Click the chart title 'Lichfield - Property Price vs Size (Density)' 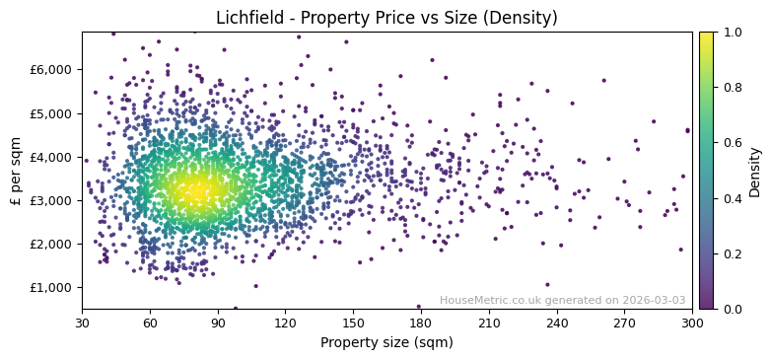(x=386, y=18)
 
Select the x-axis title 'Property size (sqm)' (x=386, y=342)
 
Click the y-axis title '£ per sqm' (x=16, y=171)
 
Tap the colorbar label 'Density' (x=754, y=171)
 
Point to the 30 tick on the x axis (x=82, y=323)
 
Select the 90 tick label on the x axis (x=218, y=323)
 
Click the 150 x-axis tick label (x=353, y=323)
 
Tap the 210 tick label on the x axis (x=489, y=323)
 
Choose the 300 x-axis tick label (x=692, y=323)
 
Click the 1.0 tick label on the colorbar (x=731, y=33)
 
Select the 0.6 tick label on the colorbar (x=731, y=143)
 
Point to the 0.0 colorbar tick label (x=731, y=309)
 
